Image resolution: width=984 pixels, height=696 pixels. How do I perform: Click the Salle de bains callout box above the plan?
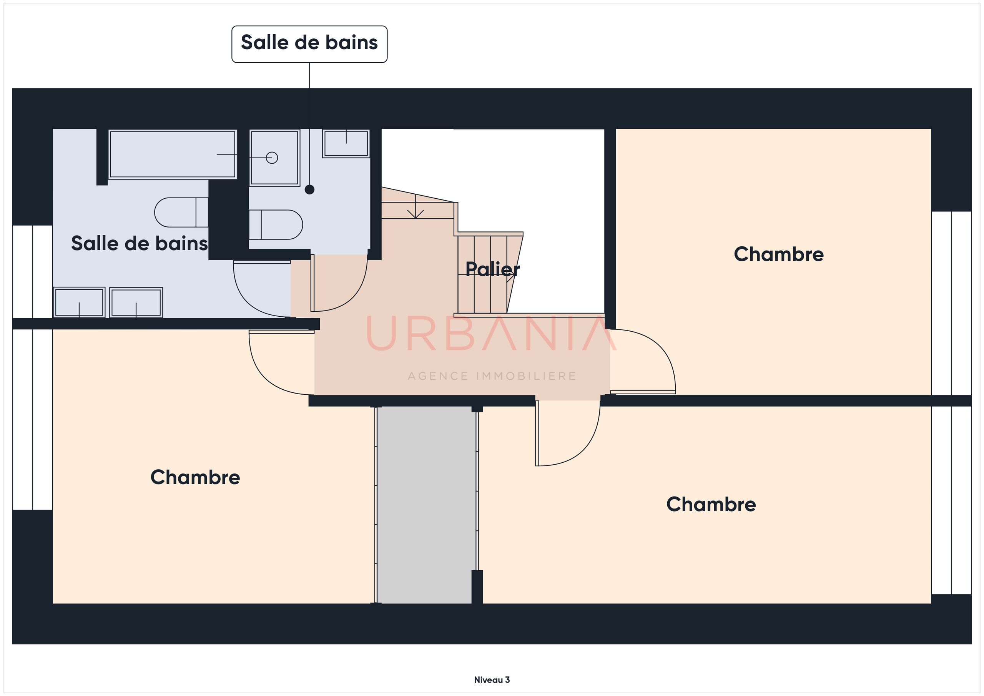(309, 44)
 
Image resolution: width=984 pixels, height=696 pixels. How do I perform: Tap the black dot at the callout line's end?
(309, 189)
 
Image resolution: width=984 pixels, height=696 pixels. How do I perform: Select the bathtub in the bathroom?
(172, 154)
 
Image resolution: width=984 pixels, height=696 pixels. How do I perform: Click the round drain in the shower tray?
(272, 158)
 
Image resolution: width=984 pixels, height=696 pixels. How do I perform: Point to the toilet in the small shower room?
(276, 224)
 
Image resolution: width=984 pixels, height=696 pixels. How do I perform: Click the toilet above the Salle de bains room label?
(181, 212)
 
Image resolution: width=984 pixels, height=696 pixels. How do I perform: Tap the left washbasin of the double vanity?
(79, 302)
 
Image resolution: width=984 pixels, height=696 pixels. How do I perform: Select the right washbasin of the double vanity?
(136, 302)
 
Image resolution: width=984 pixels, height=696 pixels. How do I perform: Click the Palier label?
(492, 269)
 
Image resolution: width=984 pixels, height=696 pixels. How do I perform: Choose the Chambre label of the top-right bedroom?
(779, 254)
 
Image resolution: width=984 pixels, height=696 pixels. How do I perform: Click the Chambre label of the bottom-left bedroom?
(195, 477)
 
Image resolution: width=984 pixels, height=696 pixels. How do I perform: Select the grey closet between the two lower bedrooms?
(426, 505)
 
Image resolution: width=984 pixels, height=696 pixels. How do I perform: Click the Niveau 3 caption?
(492, 680)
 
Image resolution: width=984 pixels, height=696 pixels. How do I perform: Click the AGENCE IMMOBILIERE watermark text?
(492, 376)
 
